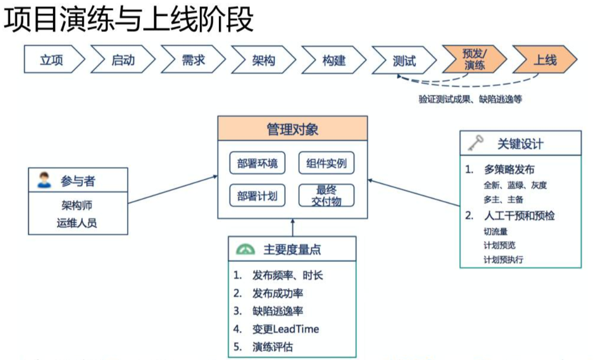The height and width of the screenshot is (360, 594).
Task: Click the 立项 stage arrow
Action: click(x=52, y=60)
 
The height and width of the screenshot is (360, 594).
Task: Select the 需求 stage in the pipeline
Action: click(x=193, y=60)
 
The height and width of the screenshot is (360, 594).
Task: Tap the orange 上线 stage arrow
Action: click(x=544, y=60)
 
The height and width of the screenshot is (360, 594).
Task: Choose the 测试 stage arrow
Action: click(x=404, y=60)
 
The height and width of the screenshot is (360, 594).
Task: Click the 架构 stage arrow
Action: click(x=263, y=60)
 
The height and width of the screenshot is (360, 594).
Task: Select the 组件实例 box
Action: click(x=327, y=164)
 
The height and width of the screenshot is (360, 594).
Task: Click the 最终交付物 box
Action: click(x=327, y=195)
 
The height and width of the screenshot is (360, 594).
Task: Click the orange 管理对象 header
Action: click(x=292, y=129)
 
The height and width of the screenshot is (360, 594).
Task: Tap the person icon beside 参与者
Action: click(x=44, y=180)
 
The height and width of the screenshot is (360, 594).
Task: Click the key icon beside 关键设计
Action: click(x=475, y=143)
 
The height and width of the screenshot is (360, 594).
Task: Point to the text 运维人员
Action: click(x=77, y=222)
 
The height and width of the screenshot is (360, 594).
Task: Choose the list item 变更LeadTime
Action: click(x=285, y=329)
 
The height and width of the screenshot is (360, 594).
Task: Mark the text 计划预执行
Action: click(x=504, y=259)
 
